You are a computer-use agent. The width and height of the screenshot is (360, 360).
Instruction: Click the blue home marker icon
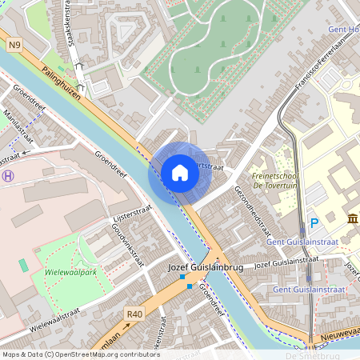(180, 173)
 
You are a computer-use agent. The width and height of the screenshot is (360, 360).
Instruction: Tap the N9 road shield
(15, 46)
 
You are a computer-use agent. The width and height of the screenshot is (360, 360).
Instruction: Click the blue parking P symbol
(314, 223)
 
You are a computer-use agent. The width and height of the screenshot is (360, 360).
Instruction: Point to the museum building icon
(352, 219)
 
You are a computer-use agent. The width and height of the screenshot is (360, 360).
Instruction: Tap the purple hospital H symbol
(8, 176)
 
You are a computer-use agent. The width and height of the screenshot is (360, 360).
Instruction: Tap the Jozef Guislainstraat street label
(286, 263)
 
